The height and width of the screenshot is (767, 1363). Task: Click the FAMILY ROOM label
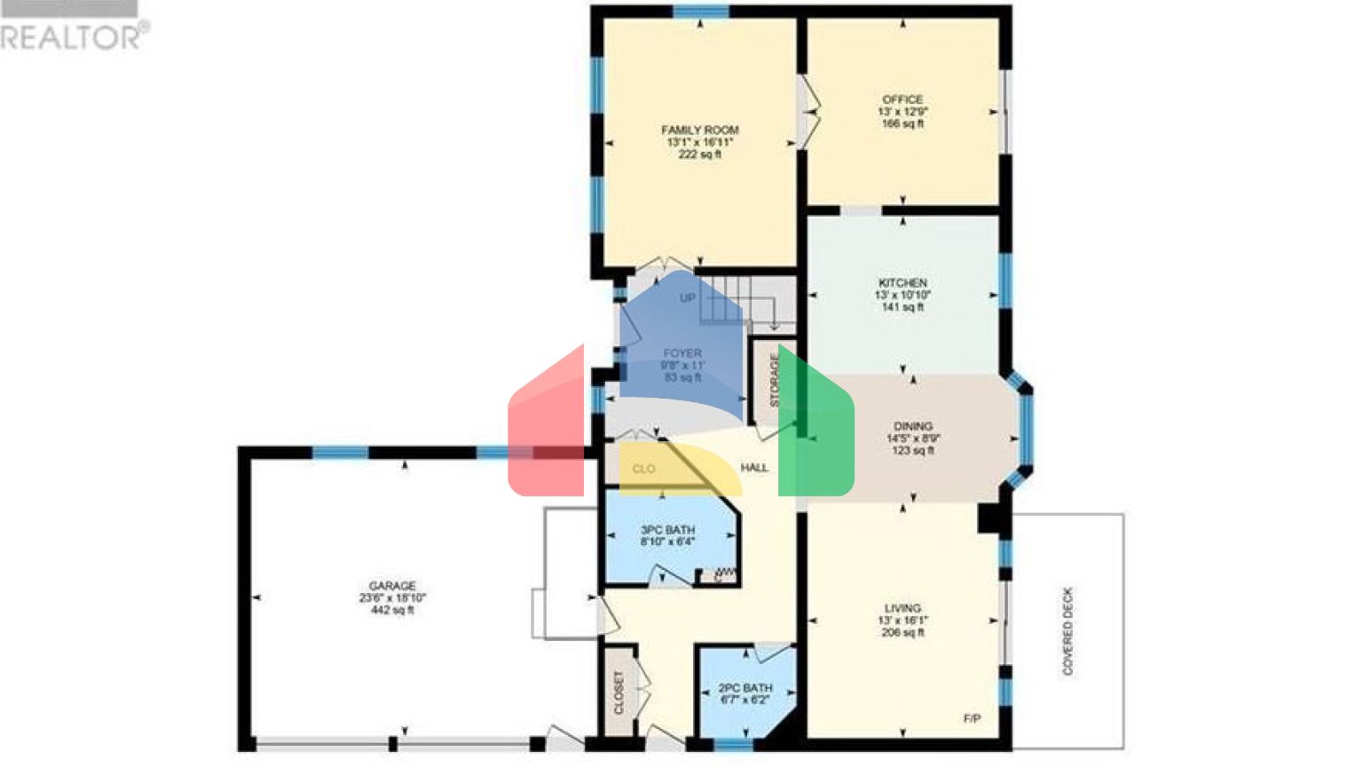699,130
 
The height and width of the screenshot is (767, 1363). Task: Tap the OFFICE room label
902,99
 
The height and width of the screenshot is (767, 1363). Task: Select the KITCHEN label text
902,282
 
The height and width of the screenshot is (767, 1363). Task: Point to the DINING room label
913,426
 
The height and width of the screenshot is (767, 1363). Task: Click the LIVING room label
902,608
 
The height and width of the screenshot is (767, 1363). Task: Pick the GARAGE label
392,586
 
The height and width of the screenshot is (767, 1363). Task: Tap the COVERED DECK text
1068,630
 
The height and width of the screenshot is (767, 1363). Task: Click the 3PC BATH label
667,530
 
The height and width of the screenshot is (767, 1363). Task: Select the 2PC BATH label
745,688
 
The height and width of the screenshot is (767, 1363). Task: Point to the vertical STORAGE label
774,381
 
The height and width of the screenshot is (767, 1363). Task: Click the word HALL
754,468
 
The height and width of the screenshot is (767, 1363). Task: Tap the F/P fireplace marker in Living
972,718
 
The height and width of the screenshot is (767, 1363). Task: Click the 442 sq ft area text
392,611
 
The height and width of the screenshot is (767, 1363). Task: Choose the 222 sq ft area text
699,154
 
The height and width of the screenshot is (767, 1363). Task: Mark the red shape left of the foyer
546,426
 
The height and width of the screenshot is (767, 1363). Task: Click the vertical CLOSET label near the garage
619,692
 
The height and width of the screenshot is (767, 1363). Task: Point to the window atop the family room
700,12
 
